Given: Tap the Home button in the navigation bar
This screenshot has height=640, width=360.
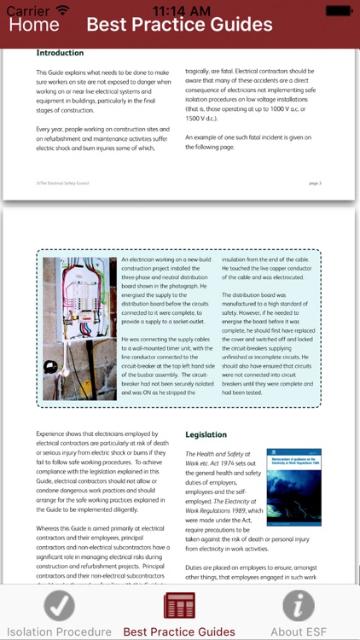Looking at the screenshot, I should [x=34, y=24].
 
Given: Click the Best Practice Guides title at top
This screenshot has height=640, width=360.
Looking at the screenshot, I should [x=179, y=24].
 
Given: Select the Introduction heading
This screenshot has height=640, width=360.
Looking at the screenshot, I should [x=60, y=53].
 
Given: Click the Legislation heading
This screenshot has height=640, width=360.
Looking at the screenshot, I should [x=206, y=434].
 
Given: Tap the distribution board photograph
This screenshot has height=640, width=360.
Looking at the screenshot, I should [x=79, y=328].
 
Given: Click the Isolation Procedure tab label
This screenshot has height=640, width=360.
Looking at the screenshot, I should [x=60, y=632].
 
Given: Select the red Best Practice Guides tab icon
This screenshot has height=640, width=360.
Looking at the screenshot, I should [x=179, y=606].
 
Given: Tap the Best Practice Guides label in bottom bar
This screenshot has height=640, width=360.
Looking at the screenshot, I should [x=179, y=632].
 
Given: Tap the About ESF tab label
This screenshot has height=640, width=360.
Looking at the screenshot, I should [x=299, y=632].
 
